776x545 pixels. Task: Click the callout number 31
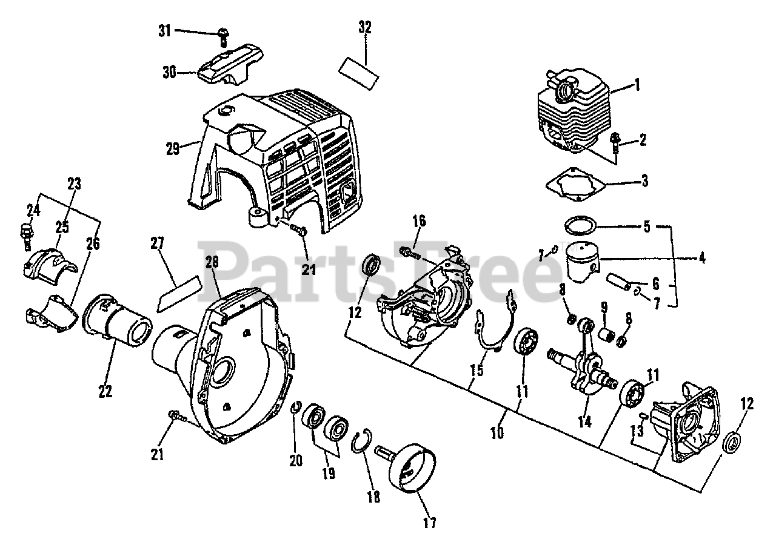click(164, 31)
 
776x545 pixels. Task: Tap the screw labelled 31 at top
click(222, 35)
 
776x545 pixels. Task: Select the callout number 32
click(364, 27)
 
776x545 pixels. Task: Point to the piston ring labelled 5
click(580, 226)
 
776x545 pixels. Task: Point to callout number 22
click(105, 391)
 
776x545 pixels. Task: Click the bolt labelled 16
click(410, 251)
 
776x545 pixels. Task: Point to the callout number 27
click(158, 243)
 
